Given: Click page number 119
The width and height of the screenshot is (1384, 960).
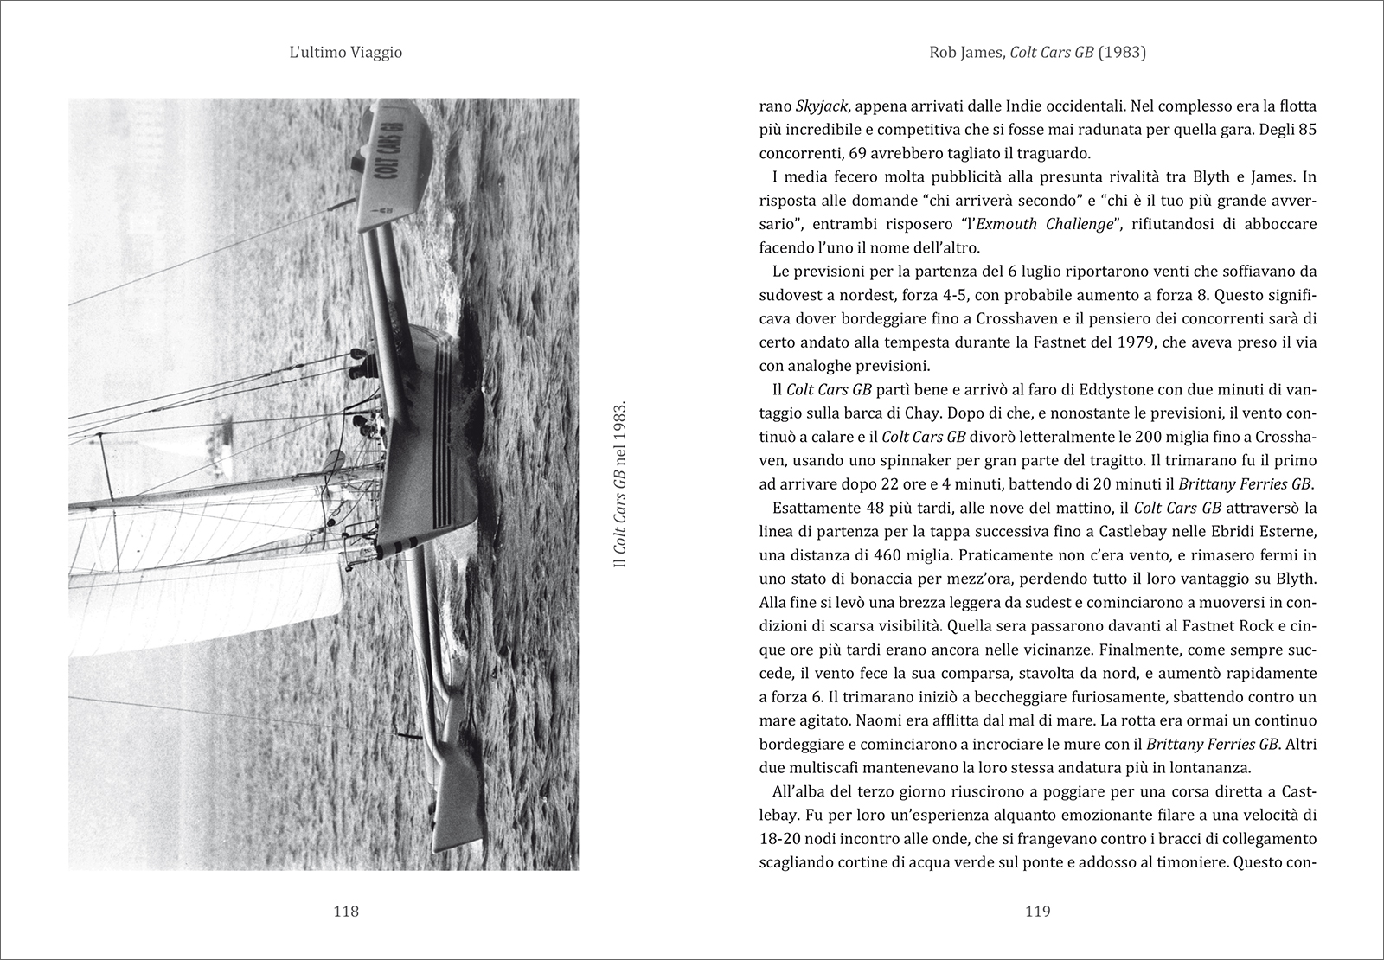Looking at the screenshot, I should [x=1037, y=911].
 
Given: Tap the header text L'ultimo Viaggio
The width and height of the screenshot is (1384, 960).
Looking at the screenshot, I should [x=346, y=54].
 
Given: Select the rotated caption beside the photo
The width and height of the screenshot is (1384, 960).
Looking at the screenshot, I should [x=618, y=484].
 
